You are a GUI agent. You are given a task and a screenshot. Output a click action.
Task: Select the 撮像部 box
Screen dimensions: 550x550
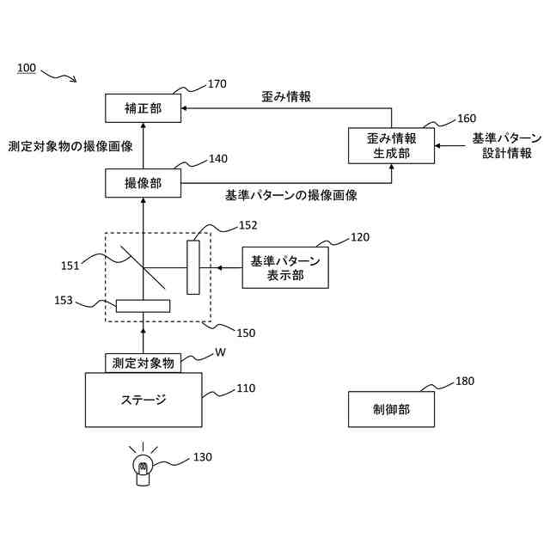pyautogui.click(x=143, y=182)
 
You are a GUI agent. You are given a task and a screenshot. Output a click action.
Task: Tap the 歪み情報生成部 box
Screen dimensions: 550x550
pyautogui.click(x=391, y=144)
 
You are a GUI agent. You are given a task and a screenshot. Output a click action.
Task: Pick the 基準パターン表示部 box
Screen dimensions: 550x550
pyautogui.click(x=284, y=269)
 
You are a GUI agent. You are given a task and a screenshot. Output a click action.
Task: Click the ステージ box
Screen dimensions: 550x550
pyautogui.click(x=143, y=399)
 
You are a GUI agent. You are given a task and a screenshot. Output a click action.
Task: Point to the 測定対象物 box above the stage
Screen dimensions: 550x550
pyautogui.click(x=143, y=363)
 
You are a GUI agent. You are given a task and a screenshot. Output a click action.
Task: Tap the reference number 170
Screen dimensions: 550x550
pyautogui.click(x=217, y=84)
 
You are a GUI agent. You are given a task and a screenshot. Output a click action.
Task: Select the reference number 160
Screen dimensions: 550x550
pyautogui.click(x=466, y=119)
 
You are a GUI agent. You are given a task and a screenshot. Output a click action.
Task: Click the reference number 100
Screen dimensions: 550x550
pyautogui.click(x=27, y=68)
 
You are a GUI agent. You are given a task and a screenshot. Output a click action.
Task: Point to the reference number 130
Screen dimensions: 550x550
pyautogui.click(x=203, y=457)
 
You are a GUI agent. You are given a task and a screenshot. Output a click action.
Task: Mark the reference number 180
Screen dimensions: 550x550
pyautogui.click(x=464, y=381)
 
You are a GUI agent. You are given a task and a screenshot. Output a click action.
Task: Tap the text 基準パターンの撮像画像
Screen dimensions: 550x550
pyautogui.click(x=291, y=196)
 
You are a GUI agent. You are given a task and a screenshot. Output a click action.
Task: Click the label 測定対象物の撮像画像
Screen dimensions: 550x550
pyautogui.click(x=70, y=146)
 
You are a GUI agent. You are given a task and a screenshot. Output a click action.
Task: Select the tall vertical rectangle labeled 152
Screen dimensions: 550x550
pyautogui.click(x=193, y=267)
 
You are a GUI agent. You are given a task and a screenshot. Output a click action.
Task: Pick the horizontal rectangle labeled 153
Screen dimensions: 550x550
pyautogui.click(x=143, y=305)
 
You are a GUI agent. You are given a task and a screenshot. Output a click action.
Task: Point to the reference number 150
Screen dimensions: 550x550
pyautogui.click(x=245, y=333)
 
